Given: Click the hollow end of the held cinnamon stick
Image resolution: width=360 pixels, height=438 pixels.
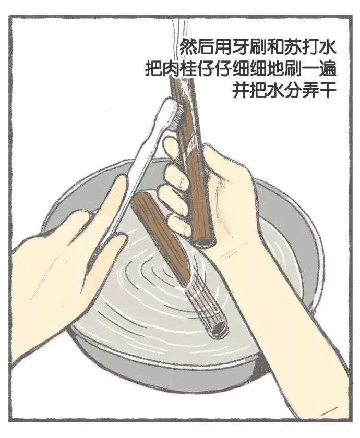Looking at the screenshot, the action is [x=204, y=241].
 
